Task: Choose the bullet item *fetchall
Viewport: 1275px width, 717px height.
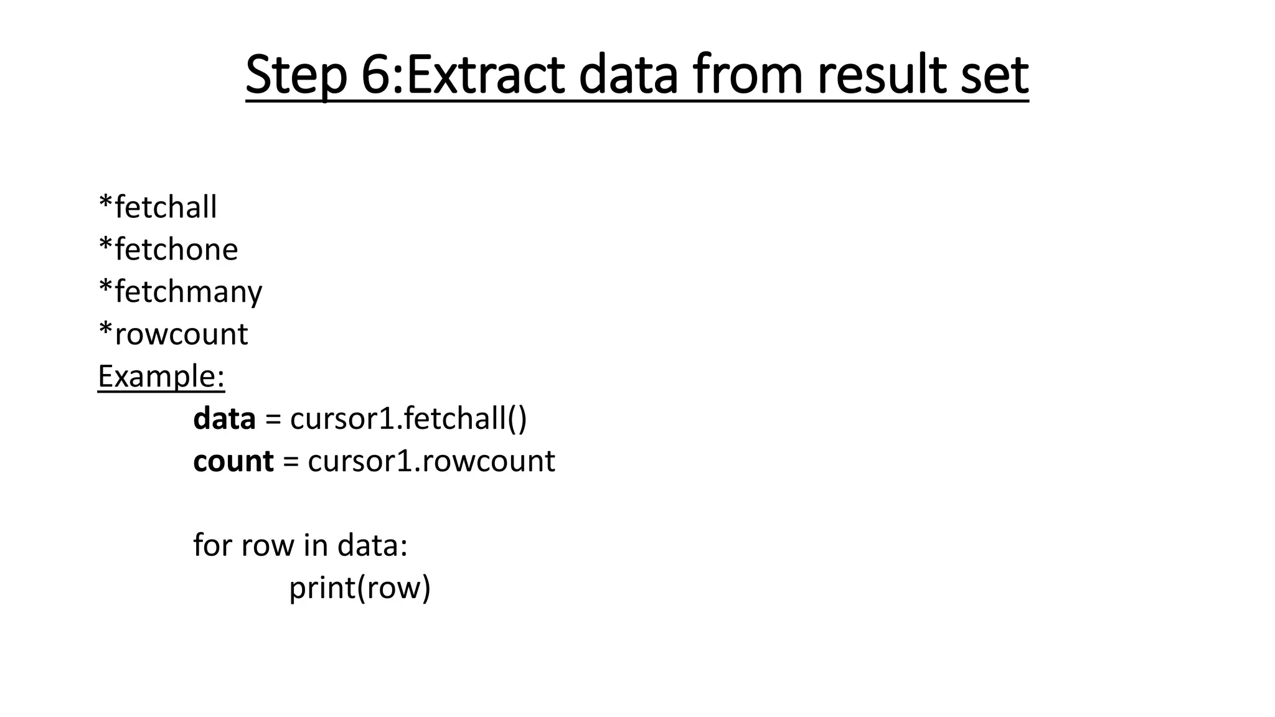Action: click(x=158, y=207)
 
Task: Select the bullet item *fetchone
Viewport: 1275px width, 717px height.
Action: click(x=168, y=250)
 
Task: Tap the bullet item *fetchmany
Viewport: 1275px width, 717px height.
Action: click(x=181, y=292)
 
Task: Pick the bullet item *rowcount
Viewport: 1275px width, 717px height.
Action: click(x=173, y=334)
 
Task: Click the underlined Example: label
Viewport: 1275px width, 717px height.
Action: click(x=161, y=377)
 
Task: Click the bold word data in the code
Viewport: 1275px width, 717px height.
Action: click(x=224, y=419)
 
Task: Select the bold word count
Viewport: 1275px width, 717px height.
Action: click(x=233, y=461)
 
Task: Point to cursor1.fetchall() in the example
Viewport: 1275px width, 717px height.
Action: click(x=408, y=419)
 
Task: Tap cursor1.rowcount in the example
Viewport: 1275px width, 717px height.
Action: click(x=431, y=461)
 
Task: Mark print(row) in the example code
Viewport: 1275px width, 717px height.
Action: click(x=360, y=588)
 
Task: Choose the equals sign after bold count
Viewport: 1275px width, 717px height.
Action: click(x=290, y=462)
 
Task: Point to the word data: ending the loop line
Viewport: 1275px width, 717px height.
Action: click(x=372, y=545)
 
